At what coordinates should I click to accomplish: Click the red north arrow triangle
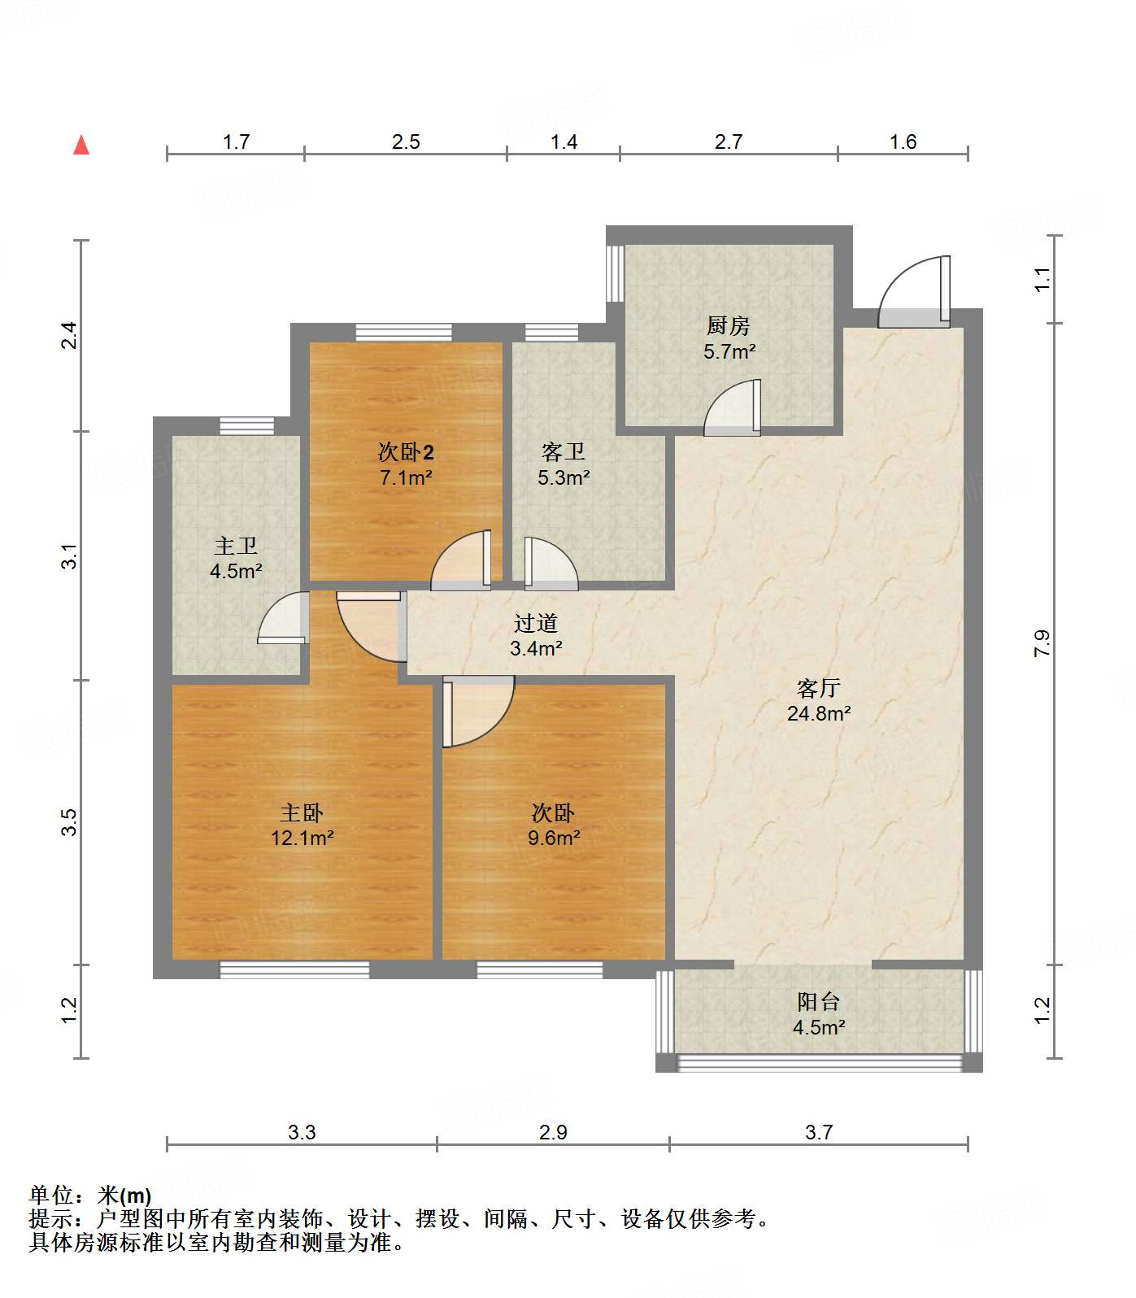pos(81,146)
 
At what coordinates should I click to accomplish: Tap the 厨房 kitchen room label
pos(728,326)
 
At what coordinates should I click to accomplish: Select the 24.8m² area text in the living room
pos(818,714)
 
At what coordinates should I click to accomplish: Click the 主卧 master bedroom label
pos(302,812)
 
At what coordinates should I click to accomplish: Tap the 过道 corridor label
pos(536,624)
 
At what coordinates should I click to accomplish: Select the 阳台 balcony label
pos(818,1002)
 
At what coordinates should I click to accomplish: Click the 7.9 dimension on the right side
pos(1042,643)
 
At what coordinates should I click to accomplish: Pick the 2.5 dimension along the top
pos(405,142)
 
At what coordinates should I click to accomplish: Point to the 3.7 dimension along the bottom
pos(818,1132)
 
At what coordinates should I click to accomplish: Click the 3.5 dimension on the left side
pos(71,821)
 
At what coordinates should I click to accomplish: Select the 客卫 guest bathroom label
pos(564,451)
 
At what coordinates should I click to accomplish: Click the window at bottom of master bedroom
pos(294,969)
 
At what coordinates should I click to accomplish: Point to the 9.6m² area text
pos(553,838)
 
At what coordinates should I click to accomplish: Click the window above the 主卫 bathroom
pos(246,425)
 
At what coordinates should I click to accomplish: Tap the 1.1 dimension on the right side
pos(1042,279)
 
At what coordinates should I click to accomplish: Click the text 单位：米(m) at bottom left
pos(90,1196)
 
